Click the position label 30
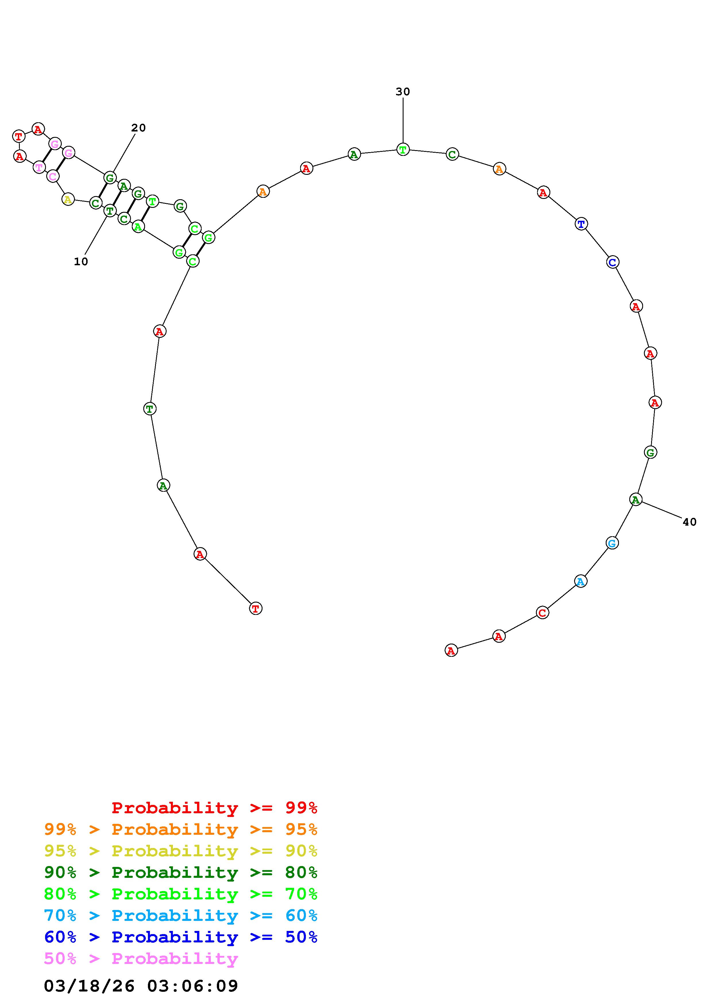click(x=402, y=92)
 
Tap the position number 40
click(x=689, y=522)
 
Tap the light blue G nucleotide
click(x=612, y=543)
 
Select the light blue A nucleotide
click(x=580, y=582)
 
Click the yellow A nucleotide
click(x=67, y=200)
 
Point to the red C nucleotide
click(x=542, y=613)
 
